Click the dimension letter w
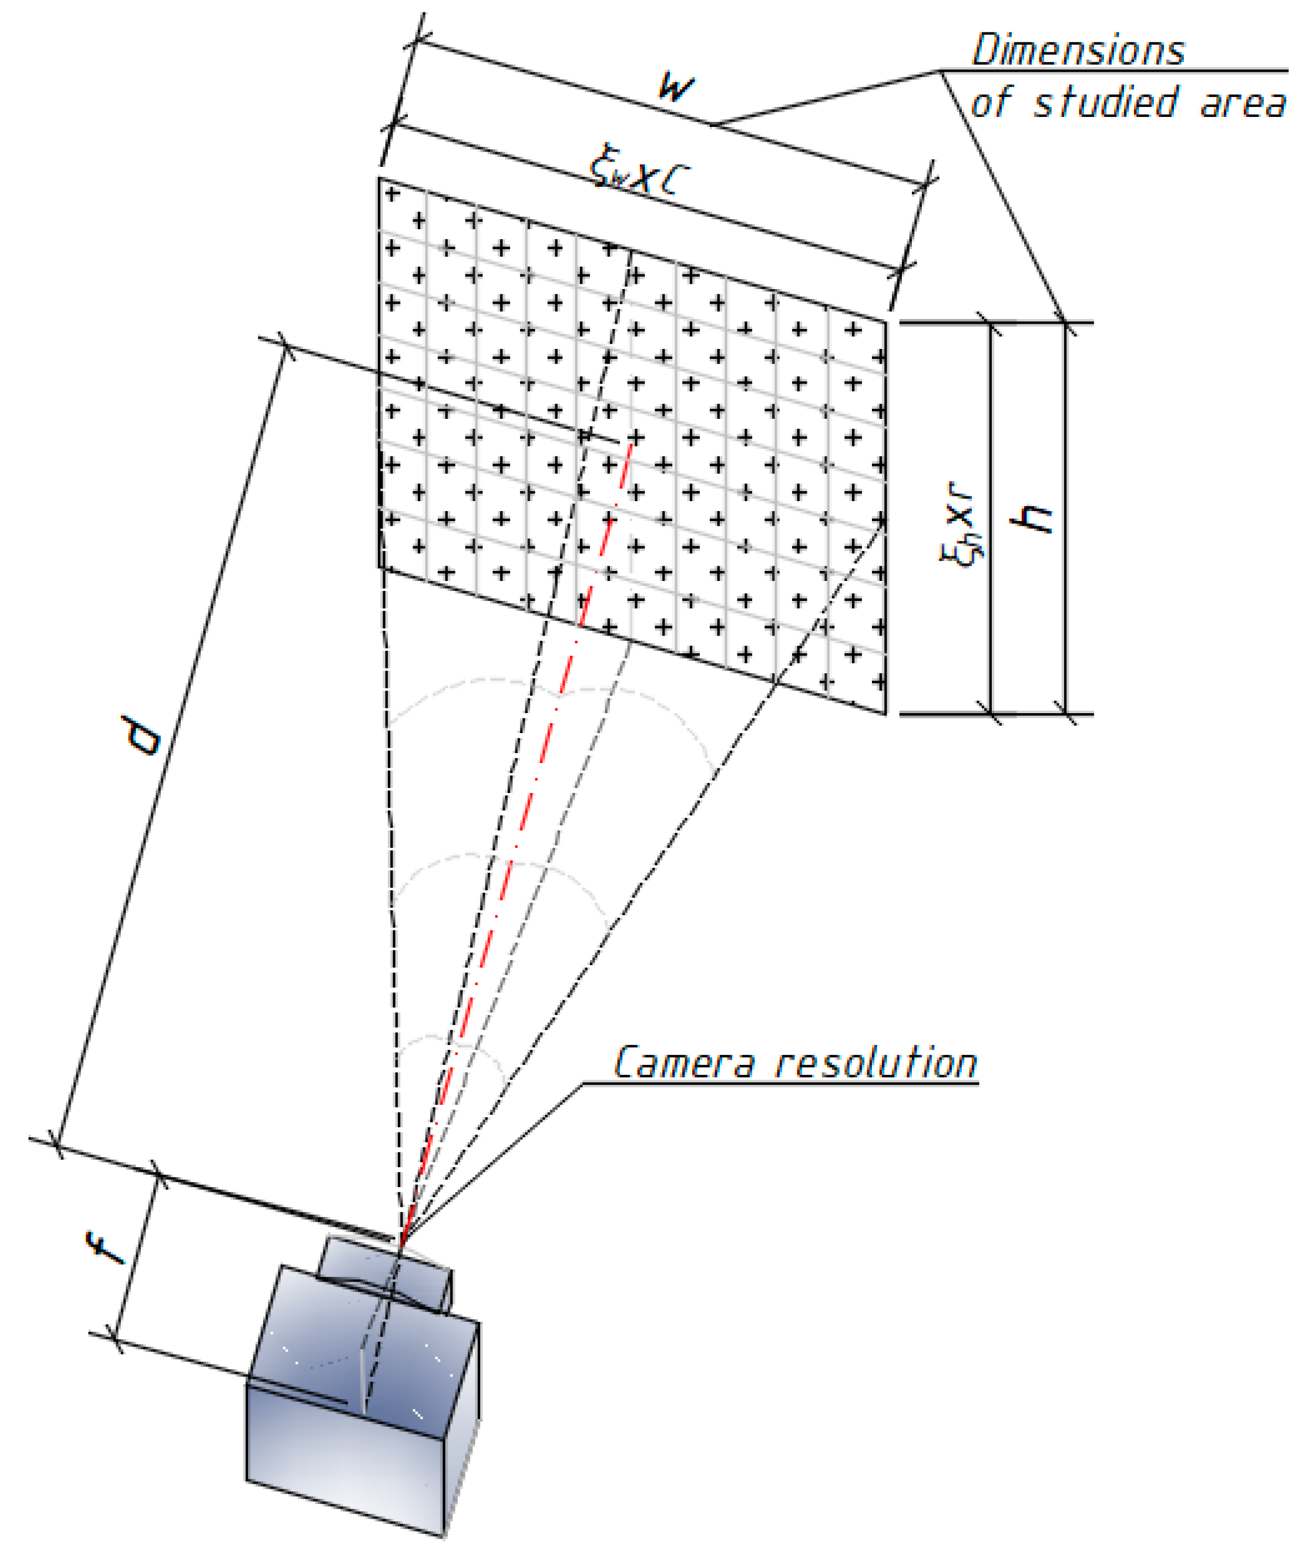675,87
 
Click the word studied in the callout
1105,103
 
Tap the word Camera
684,1064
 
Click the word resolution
876,1064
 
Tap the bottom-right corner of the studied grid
885,713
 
